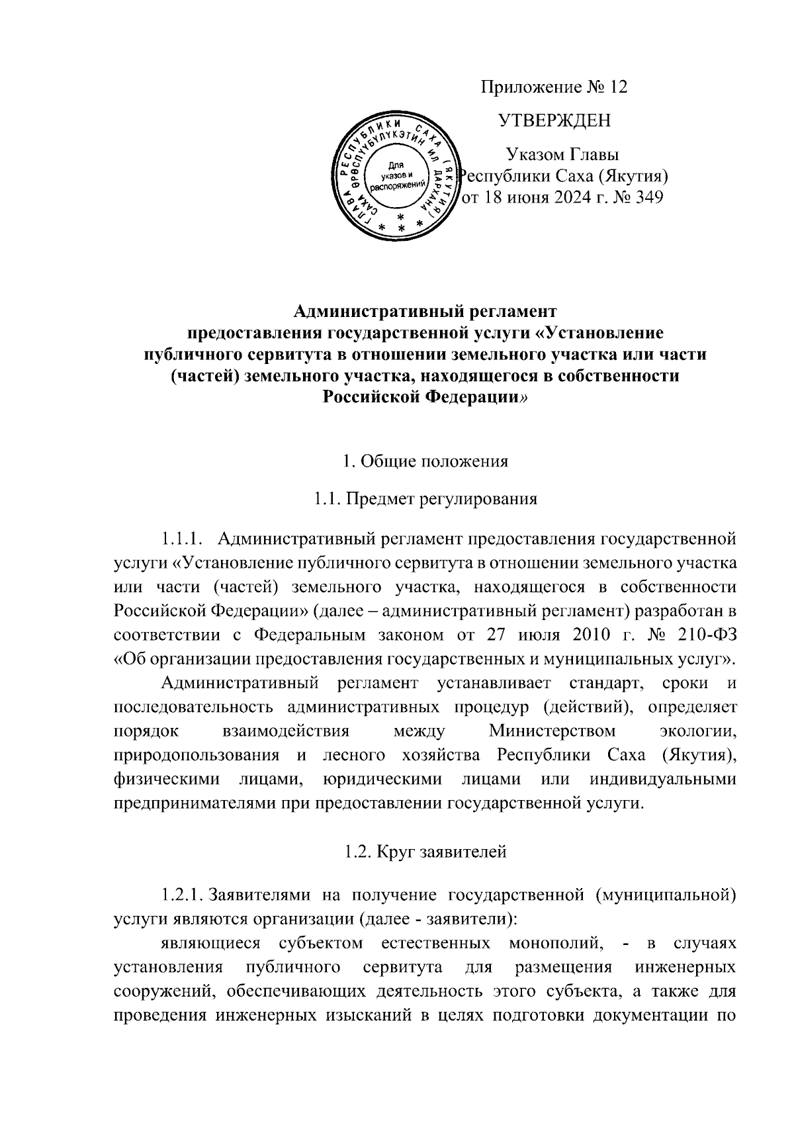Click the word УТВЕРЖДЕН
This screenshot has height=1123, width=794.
554,120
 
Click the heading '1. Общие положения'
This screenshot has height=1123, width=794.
425,461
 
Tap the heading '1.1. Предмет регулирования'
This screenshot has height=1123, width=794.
425,498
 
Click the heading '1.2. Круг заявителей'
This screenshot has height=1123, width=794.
425,852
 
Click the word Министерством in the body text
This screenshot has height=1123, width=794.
552,731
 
